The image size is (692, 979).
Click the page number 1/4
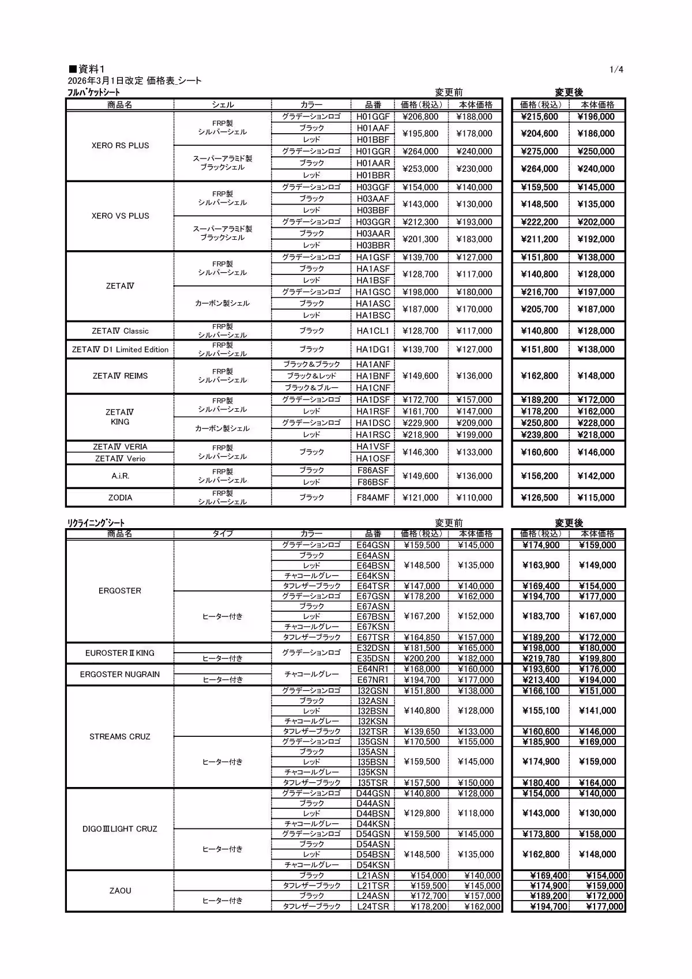point(616,70)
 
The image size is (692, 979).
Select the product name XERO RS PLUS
point(120,145)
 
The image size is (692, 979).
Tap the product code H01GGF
point(373,116)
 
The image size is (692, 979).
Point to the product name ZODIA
point(120,498)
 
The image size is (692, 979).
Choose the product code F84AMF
point(373,498)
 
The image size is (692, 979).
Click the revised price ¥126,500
point(539,498)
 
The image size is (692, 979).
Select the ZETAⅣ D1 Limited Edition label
point(120,349)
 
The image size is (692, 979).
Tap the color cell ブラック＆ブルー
point(311,387)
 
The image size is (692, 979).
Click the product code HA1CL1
point(373,331)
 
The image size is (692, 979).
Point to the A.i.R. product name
point(120,476)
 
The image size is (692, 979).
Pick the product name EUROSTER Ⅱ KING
point(120,653)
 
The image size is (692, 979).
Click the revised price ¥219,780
point(540,658)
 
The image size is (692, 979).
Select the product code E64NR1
point(373,669)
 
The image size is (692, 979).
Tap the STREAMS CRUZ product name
point(120,736)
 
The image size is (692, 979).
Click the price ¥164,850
point(422,637)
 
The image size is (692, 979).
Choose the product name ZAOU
point(120,890)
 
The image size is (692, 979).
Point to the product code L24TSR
point(373,906)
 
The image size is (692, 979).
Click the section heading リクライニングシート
point(96,522)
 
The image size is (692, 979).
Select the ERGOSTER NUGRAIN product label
point(120,674)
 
